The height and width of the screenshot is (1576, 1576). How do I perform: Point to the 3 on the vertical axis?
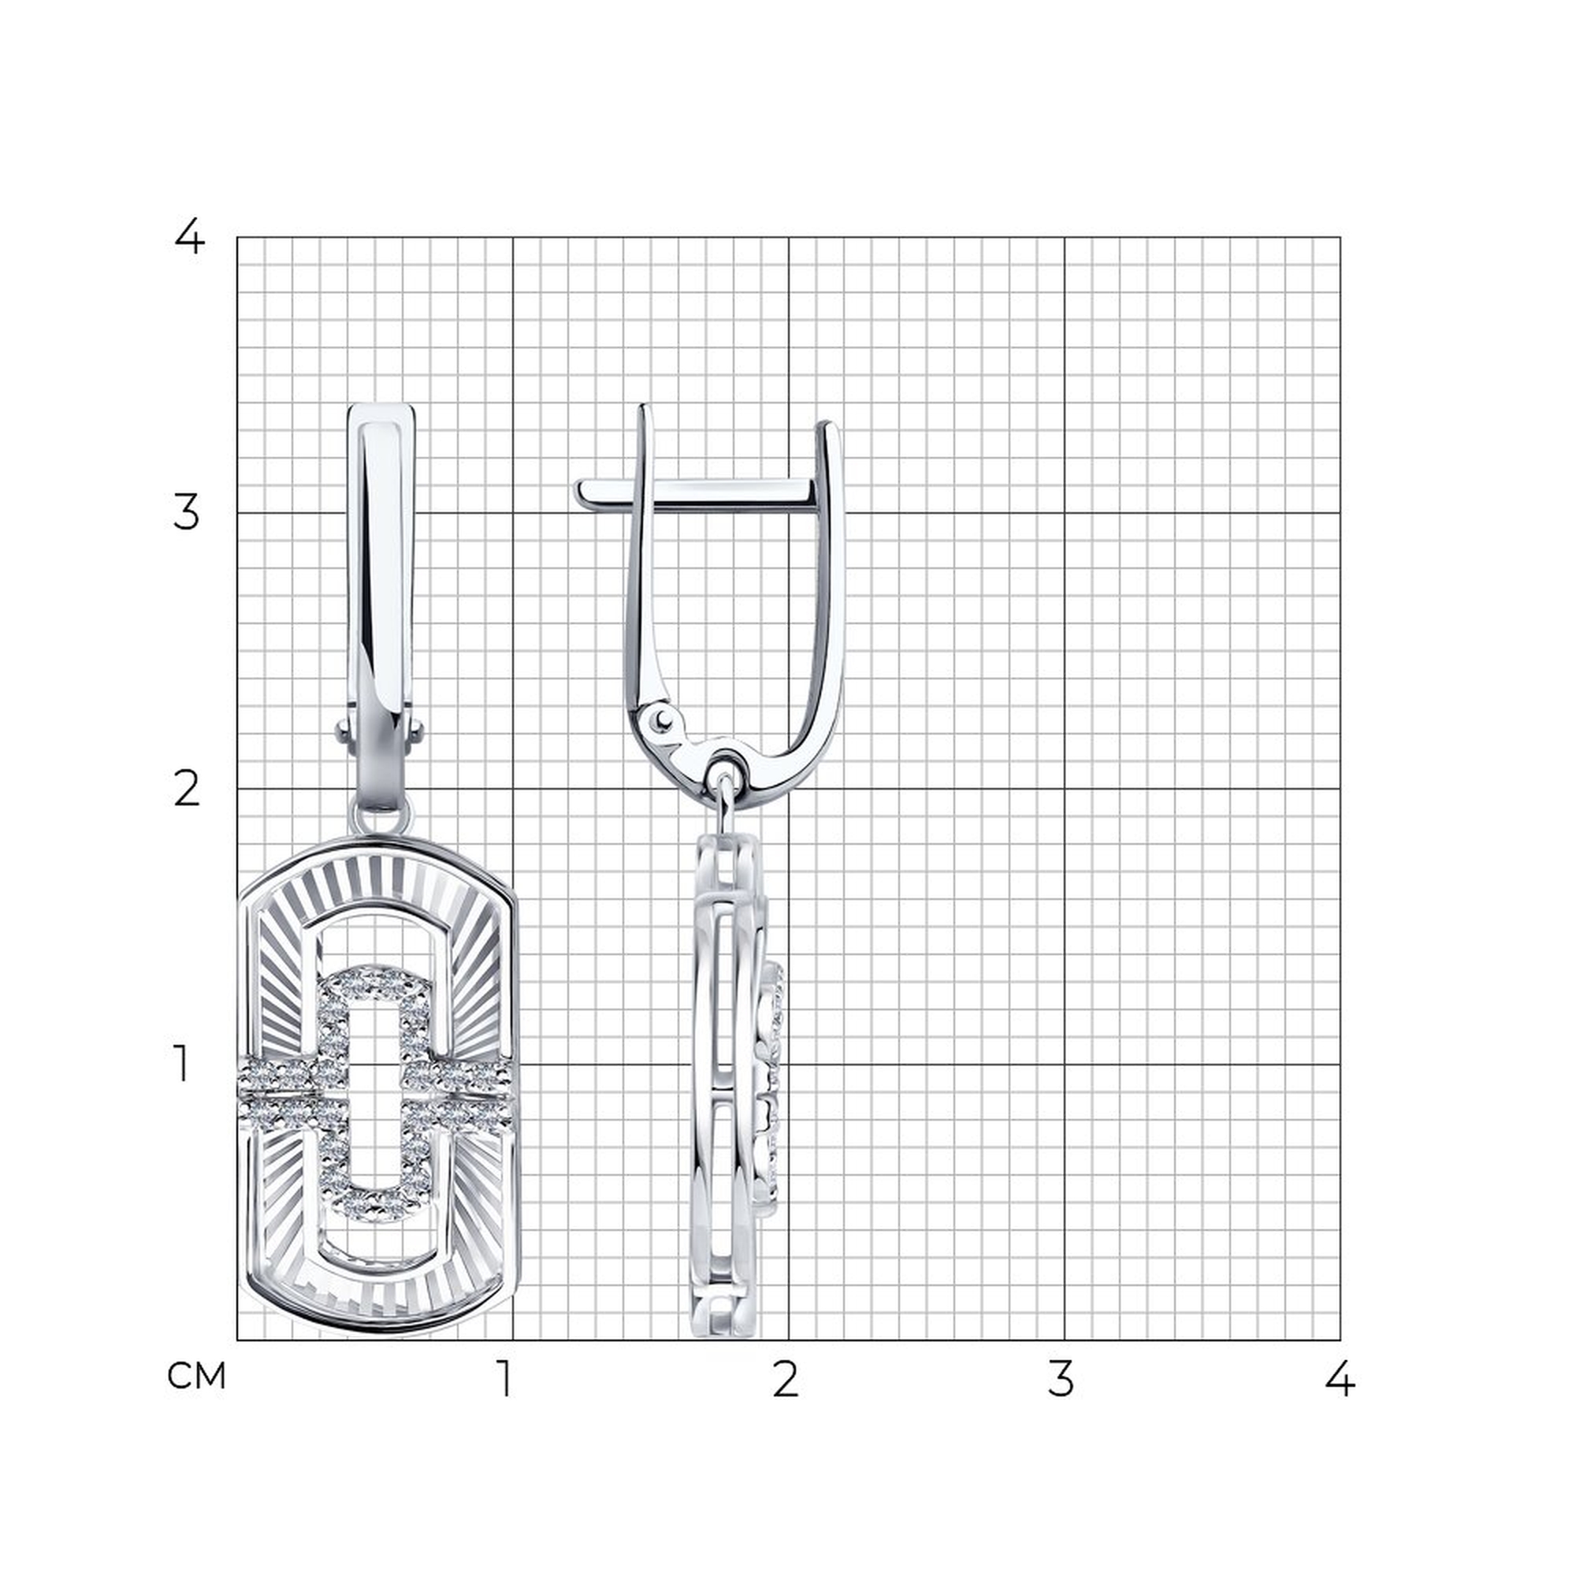[x=187, y=513]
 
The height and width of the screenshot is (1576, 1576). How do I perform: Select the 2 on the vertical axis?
[x=187, y=790]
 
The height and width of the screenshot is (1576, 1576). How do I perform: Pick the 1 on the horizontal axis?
[x=507, y=1378]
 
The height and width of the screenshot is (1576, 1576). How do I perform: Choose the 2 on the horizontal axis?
[x=785, y=1378]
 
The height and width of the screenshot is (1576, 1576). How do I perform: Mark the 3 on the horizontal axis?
[x=1061, y=1378]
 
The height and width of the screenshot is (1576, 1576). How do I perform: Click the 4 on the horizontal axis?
[x=1340, y=1378]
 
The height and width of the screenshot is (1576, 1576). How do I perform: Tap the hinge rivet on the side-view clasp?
[x=660, y=719]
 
